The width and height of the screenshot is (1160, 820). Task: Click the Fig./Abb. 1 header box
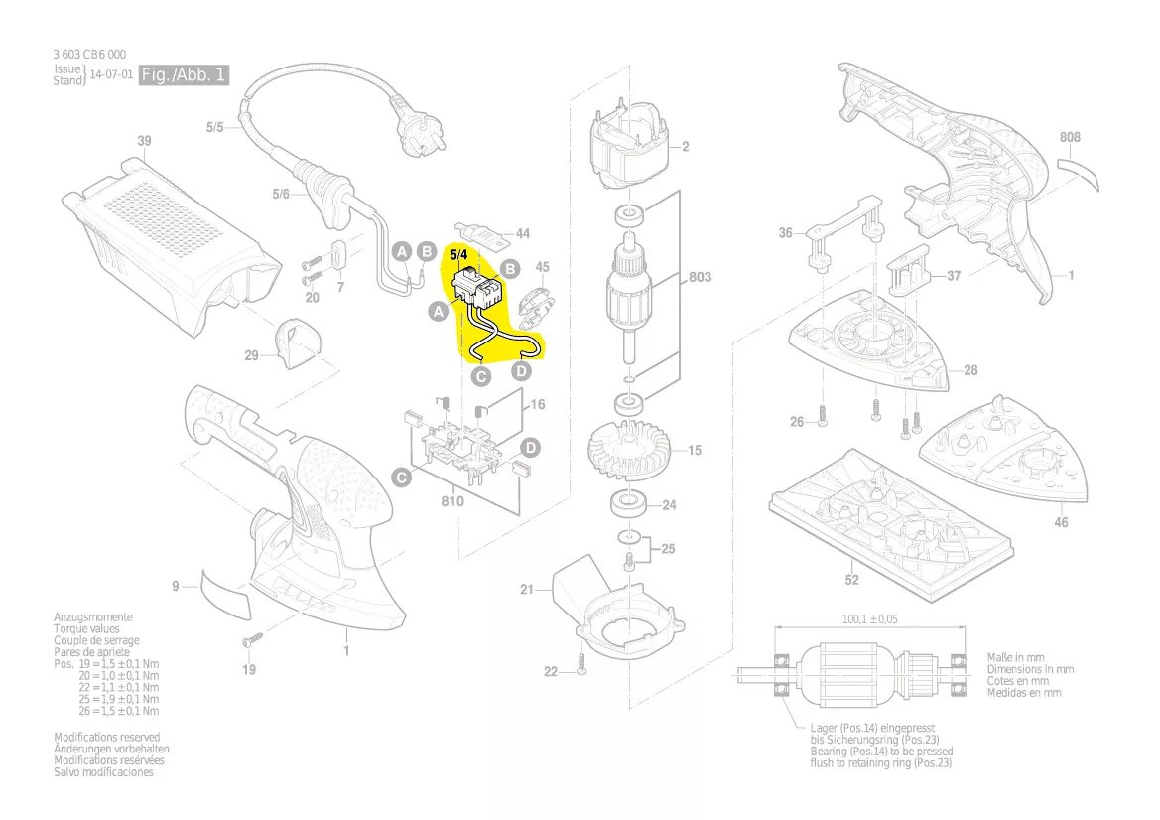[x=185, y=75]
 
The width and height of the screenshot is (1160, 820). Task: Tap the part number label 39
[x=144, y=141]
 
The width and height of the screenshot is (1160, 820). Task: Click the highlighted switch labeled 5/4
[x=477, y=290]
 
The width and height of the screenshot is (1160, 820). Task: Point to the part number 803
[x=700, y=278]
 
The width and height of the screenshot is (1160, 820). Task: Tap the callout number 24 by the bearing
[x=669, y=505]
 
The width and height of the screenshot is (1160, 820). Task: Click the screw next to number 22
[x=583, y=672]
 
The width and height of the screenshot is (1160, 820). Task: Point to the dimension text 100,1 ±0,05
[x=870, y=619]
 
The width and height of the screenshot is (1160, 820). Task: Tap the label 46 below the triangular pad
[x=1061, y=522]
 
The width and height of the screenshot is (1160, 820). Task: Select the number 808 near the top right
[x=1070, y=137]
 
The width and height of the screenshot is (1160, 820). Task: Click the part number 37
[x=953, y=276]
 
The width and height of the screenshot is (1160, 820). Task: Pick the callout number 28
[x=969, y=370]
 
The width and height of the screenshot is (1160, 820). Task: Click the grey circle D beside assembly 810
[x=531, y=448]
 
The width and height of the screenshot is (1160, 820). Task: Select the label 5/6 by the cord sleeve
[x=281, y=195]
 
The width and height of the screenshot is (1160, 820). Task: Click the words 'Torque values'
[x=86, y=629]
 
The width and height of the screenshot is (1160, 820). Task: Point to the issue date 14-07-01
[x=111, y=75]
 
